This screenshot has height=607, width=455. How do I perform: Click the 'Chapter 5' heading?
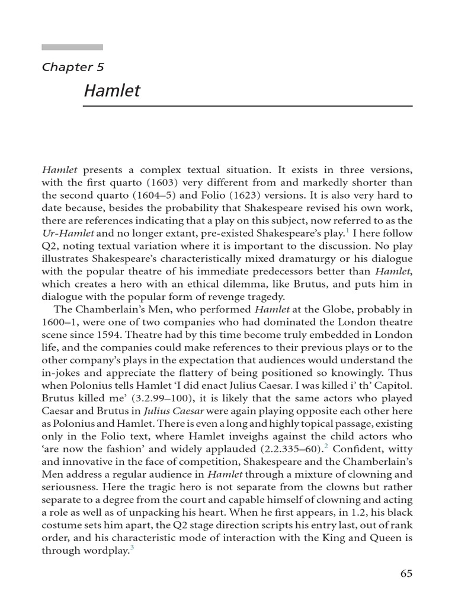[73, 66]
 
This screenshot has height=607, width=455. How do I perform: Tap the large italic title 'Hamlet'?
[112, 91]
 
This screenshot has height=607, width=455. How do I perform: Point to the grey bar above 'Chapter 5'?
[72, 47]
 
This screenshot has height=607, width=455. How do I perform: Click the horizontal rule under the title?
[247, 106]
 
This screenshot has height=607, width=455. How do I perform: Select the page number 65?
[406, 573]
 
